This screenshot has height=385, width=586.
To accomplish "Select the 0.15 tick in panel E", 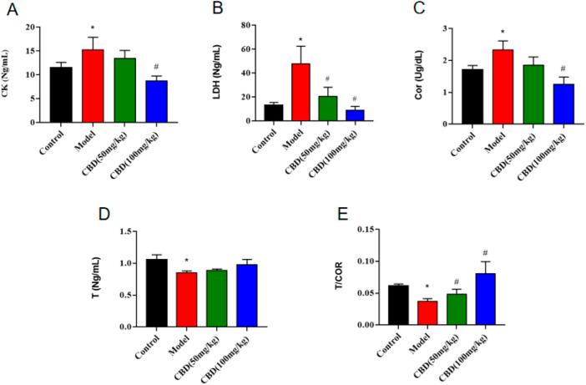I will point(365,229).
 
